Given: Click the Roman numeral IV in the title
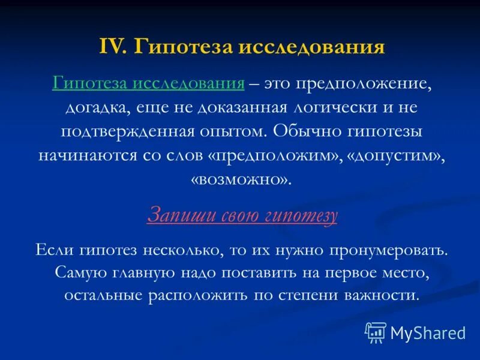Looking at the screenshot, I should [112, 47].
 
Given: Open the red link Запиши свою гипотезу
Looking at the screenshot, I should [242, 215].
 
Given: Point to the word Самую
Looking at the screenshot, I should [77, 272].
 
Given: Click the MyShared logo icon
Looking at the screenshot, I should [376, 332].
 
